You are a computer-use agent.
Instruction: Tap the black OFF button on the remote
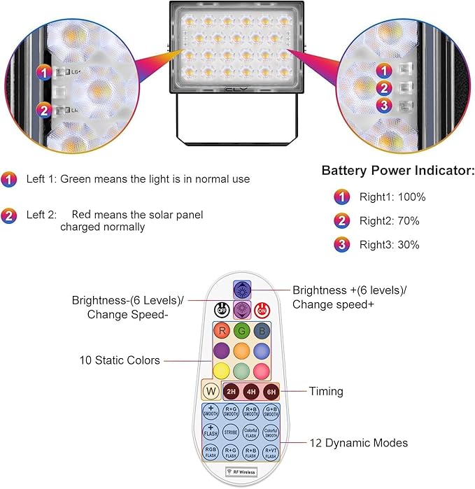tap(220, 309)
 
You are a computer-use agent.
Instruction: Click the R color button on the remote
tap(220, 330)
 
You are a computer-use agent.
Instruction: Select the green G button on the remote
tap(241, 330)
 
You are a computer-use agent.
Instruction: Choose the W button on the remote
tap(209, 391)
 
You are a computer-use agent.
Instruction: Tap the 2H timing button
tap(230, 392)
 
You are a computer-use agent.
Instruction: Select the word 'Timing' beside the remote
tap(326, 392)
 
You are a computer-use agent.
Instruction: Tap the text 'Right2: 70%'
tap(389, 221)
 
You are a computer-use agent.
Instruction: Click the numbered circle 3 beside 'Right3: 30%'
tap(341, 245)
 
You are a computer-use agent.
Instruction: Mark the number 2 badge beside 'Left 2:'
tap(9, 215)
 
